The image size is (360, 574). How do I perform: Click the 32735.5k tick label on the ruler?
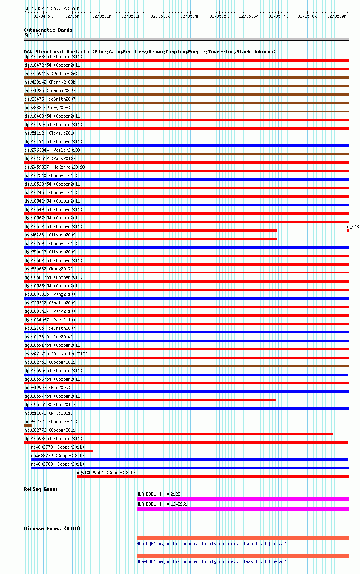(x=218, y=16)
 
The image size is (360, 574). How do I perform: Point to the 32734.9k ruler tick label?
(x=43, y=16)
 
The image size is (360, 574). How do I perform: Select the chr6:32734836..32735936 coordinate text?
(x=52, y=8)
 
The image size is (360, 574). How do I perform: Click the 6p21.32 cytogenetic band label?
(x=33, y=35)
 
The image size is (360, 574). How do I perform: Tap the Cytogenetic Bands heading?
(x=48, y=30)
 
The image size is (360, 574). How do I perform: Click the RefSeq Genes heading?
(x=41, y=489)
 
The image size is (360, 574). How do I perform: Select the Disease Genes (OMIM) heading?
(x=52, y=528)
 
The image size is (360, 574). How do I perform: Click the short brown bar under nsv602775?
(x=28, y=426)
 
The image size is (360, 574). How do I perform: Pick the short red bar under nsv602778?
(x=62, y=451)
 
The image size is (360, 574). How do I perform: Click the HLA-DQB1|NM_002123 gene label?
(x=158, y=494)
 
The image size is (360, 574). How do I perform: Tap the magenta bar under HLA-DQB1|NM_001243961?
(x=242, y=509)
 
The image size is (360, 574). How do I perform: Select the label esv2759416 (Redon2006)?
(x=51, y=74)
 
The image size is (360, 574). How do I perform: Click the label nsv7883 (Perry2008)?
(x=47, y=108)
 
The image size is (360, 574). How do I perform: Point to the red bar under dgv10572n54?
(x=150, y=230)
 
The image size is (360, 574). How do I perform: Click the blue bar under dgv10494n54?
(x=186, y=146)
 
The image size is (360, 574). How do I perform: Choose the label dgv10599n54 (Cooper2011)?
(x=106, y=473)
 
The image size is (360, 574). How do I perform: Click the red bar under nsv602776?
(x=178, y=434)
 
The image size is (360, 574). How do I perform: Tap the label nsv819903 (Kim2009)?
(x=47, y=388)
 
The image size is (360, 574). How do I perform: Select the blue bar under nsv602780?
(x=190, y=468)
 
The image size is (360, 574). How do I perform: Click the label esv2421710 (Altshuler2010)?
(x=56, y=354)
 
